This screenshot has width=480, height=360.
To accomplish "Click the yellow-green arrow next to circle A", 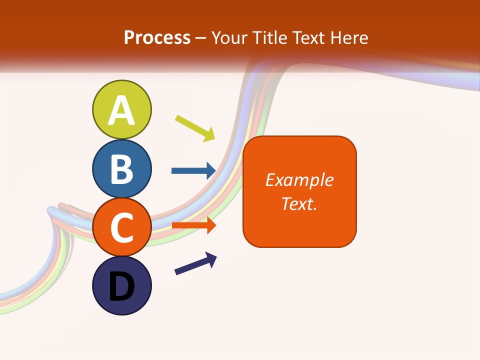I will (195, 128).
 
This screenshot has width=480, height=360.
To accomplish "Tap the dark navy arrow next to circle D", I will (195, 263).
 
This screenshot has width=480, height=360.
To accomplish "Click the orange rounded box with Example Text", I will (299, 191).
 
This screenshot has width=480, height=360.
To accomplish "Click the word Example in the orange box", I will (299, 179).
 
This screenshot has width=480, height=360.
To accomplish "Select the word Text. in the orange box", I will (299, 203).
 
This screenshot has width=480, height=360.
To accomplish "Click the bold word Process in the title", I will (157, 37).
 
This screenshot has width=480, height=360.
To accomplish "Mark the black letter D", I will (122, 286).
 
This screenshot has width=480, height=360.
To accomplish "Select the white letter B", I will (122, 169).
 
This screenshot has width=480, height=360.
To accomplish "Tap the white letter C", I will (122, 227).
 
